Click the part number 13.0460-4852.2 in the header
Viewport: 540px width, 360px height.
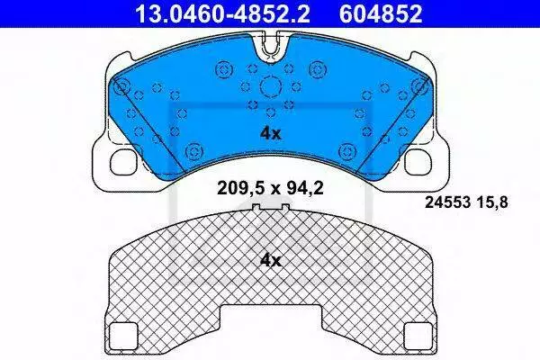click(223, 13)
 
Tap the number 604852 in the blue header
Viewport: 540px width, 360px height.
click(381, 13)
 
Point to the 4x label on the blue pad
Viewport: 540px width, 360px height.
click(271, 134)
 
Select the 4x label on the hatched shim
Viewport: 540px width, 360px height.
click(271, 261)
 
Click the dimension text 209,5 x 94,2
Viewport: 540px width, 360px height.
click(270, 188)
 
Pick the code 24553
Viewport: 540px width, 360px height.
click(447, 202)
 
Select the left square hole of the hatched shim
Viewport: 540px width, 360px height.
click(123, 335)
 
